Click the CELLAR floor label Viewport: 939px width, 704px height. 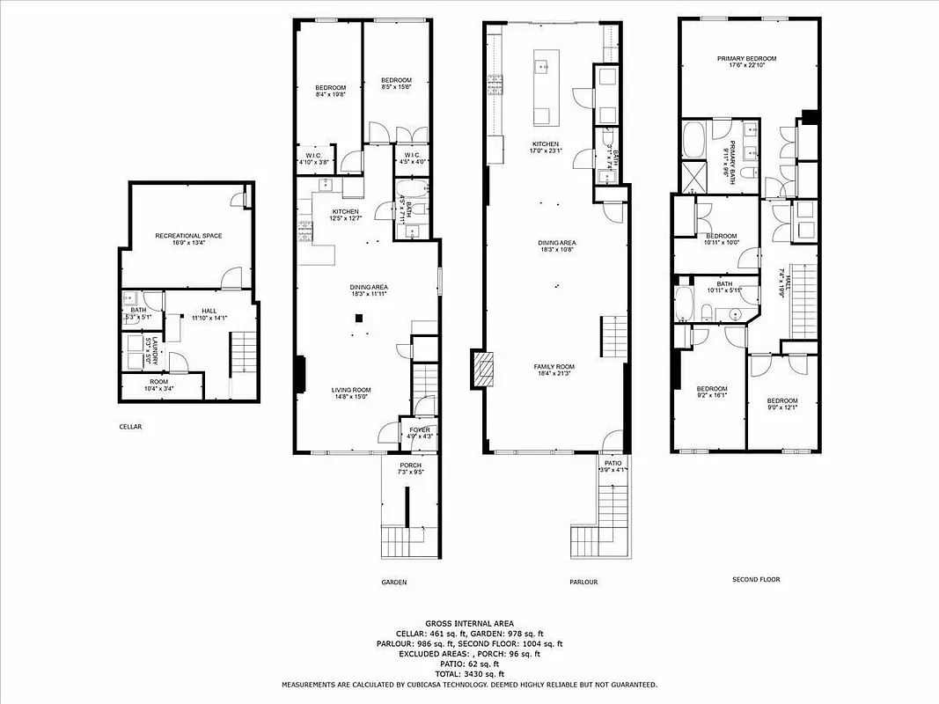pos(130,427)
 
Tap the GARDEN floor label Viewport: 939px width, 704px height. pos(393,582)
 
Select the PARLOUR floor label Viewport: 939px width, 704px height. pos(583,582)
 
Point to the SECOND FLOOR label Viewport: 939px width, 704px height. pos(756,579)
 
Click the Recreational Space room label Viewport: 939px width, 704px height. pos(188,236)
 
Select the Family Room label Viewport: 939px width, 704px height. pos(554,366)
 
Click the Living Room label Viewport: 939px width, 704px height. pos(350,390)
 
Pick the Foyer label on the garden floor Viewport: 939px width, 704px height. pos(419,429)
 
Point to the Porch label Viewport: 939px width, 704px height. pos(410,465)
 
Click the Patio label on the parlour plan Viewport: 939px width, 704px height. pos(613,462)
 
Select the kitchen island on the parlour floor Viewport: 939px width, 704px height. pos(543,88)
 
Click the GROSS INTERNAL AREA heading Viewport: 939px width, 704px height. pos(469,622)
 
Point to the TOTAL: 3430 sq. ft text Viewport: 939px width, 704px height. pos(469,673)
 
